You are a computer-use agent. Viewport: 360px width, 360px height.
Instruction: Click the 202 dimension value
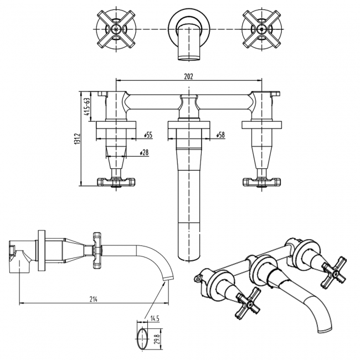188,76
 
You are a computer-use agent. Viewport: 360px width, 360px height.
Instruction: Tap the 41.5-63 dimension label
86,107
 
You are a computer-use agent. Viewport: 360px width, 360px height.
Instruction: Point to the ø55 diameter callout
148,135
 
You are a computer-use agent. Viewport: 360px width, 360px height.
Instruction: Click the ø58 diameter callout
220,135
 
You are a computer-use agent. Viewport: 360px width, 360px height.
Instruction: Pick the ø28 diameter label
144,152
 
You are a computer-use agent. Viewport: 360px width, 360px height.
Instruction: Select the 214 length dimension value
94,299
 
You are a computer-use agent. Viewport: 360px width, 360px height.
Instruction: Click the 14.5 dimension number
155,318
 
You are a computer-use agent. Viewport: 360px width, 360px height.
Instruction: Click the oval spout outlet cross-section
142,337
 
